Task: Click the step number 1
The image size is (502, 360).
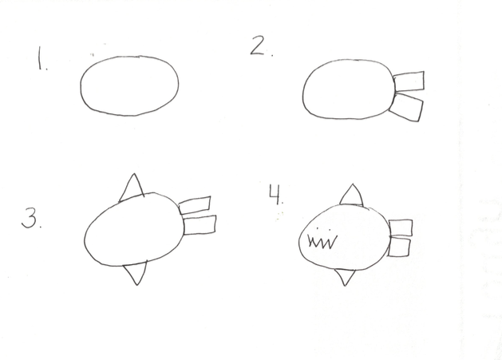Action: click(39, 57)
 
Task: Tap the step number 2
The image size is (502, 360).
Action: click(259, 45)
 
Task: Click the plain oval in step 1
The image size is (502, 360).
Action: click(81, 85)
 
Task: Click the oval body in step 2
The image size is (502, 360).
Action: click(302, 93)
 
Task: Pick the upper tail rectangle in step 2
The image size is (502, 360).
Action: click(409, 81)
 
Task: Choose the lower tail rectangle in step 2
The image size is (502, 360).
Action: click(406, 107)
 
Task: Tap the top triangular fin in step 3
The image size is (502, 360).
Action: click(132, 188)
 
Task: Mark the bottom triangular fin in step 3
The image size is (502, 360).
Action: click(136, 273)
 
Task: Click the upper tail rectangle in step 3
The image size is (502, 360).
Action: click(195, 205)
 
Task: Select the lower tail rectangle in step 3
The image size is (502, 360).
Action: click(200, 225)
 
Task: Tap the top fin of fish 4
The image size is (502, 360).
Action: click(352, 195)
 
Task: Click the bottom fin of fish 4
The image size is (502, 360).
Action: click(345, 277)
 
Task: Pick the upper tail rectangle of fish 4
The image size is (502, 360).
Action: click(401, 227)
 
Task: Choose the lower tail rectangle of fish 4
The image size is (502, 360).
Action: click(399, 247)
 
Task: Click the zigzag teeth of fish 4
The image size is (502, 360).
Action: click(322, 242)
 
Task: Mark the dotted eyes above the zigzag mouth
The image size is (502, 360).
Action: click(323, 229)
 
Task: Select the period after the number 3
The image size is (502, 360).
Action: click(41, 226)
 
